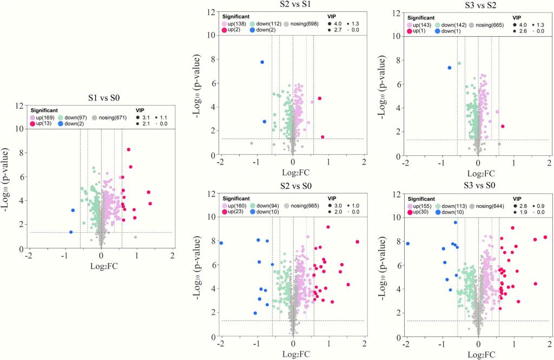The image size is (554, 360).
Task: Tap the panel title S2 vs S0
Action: [x=292, y=186]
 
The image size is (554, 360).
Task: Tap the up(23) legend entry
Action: [x=232, y=212]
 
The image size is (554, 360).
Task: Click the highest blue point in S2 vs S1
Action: [x=262, y=62]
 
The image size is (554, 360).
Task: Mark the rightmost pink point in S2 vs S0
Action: [x=357, y=242]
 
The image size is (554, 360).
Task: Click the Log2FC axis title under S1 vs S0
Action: [x=101, y=266]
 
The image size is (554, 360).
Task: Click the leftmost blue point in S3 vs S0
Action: [x=407, y=244]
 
